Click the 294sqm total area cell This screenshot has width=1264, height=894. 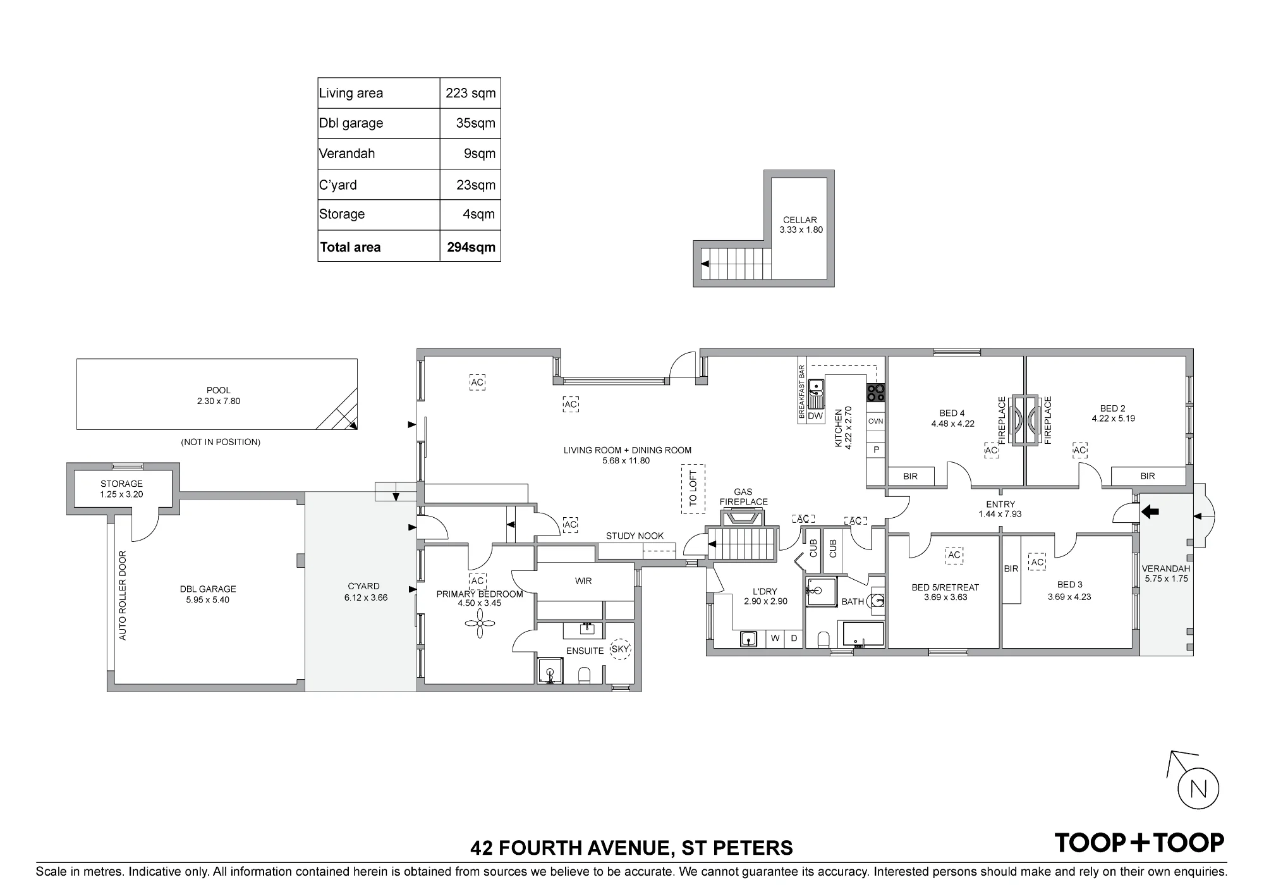471,247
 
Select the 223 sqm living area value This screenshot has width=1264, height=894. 471,93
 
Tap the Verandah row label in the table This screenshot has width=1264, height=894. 347,154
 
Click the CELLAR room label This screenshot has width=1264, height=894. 800,220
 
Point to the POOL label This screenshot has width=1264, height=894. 219,390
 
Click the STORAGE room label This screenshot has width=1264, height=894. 121,484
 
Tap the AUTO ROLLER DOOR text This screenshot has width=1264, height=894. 123,596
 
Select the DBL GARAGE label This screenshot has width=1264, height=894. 208,589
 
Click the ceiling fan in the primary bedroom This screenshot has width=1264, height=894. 479,624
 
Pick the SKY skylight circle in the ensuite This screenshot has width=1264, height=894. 621,649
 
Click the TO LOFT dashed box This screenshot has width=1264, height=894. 693,489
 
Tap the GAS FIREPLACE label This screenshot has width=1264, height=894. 743,497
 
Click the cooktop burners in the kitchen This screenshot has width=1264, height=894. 876,393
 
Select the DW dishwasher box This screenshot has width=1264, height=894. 815,415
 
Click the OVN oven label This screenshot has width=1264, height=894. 875,421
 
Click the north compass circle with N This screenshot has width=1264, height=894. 1198,789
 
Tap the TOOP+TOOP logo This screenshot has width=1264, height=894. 1139,843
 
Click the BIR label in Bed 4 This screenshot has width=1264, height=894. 910,476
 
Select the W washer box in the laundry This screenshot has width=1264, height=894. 775,639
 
